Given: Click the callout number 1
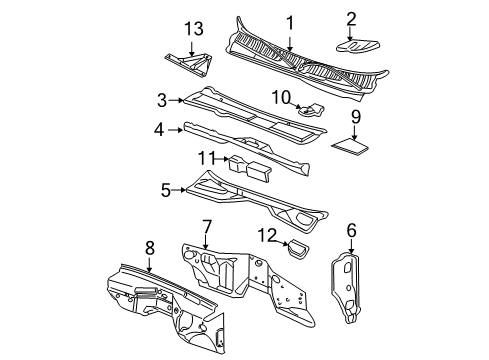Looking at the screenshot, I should click(x=290, y=22).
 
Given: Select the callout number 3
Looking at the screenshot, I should click(x=161, y=99).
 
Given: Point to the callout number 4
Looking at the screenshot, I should click(x=159, y=129).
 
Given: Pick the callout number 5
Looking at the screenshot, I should click(x=167, y=187).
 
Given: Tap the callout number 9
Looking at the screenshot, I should click(x=355, y=116).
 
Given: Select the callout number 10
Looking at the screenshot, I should click(x=281, y=96).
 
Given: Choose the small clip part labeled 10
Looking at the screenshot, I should click(x=313, y=110).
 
